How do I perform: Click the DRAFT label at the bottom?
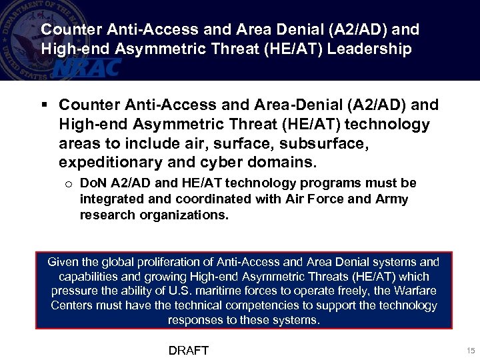tap(189, 350)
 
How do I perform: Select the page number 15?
tap(470, 351)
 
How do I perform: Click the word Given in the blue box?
tap(63, 262)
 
